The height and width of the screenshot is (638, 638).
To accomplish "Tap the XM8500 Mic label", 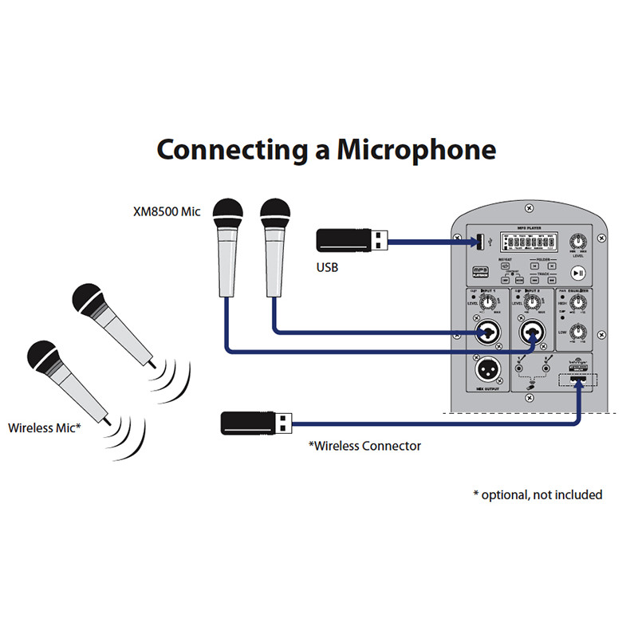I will pyautogui.click(x=167, y=212).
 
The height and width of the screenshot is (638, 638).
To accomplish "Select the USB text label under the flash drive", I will pyautogui.click(x=328, y=268).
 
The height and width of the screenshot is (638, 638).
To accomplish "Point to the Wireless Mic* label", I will pyautogui.click(x=45, y=428).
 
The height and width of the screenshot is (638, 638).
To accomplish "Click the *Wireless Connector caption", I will pyautogui.click(x=364, y=446).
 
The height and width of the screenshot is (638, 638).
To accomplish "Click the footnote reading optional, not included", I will pyautogui.click(x=538, y=494).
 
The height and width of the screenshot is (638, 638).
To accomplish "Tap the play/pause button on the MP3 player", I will pyautogui.click(x=578, y=273).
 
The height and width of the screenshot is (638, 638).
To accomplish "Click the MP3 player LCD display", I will pyautogui.click(x=522, y=242).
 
